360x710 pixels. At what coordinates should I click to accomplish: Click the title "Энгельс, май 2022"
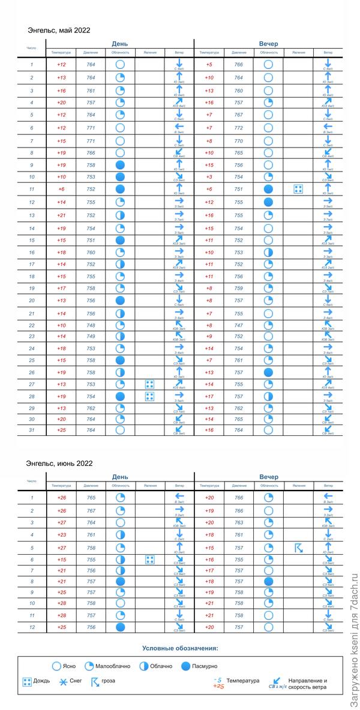coord(59,29)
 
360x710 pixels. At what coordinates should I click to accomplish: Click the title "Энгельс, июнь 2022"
coord(60,463)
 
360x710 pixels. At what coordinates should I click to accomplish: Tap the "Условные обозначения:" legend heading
coord(180,648)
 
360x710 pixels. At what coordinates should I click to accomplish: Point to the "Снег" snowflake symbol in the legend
coord(63,681)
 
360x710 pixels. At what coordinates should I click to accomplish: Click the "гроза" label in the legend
coord(109,681)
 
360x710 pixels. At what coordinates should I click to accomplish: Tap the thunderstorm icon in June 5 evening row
coord(298,547)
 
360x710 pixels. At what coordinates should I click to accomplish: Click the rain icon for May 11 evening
coord(298,189)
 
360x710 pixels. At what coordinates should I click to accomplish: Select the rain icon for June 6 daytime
coord(149,559)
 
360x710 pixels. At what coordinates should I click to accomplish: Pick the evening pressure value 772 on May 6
coord(239,128)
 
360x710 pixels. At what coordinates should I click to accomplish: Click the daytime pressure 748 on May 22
coord(91,326)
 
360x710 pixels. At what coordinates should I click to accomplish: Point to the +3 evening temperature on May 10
coord(209,177)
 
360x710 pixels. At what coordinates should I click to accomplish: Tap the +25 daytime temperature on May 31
coord(61,430)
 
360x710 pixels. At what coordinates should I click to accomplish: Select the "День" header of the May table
coord(119,43)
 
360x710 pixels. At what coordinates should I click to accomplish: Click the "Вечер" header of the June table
coord(269,477)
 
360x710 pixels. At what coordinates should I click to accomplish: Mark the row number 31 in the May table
coord(32,430)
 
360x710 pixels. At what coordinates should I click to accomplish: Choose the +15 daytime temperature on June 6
coord(61,559)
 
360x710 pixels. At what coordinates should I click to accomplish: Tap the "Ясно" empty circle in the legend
coord(56,666)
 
